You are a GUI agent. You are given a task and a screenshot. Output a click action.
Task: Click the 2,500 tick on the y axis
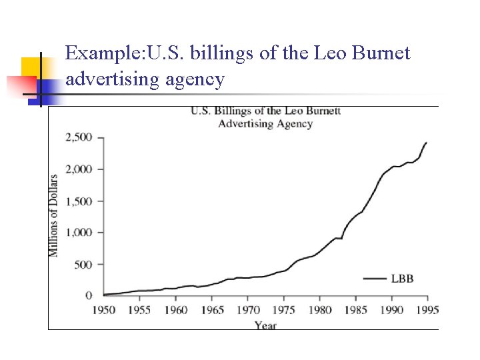79,138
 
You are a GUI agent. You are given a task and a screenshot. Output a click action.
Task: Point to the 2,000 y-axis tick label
79,169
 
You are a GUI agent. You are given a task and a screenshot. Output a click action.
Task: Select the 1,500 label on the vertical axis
79,201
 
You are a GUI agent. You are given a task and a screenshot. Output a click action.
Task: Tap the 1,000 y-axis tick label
79,233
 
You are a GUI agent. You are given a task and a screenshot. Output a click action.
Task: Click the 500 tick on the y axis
83,265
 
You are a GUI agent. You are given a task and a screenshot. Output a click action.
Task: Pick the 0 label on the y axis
89,295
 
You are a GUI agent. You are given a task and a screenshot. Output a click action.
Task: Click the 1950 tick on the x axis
103,310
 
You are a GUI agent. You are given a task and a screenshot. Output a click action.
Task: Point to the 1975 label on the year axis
284,310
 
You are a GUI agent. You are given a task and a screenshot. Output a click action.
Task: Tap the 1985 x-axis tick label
357,310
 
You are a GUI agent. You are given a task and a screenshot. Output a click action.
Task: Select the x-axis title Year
265,325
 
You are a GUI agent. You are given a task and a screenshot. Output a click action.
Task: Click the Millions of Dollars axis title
53,215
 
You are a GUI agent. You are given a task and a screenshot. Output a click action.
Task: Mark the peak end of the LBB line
427,142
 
